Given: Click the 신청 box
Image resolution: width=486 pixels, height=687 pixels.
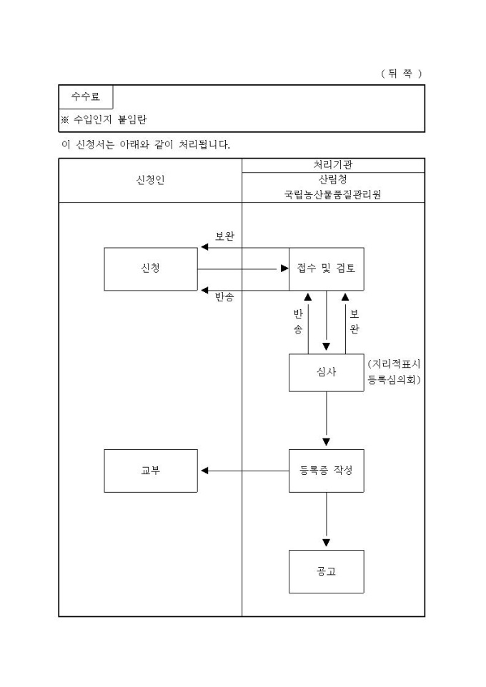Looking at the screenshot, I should coord(151,269).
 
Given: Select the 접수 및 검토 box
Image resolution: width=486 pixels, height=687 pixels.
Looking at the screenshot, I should coord(326,269).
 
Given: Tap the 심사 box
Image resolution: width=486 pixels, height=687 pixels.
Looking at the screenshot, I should coord(326,372).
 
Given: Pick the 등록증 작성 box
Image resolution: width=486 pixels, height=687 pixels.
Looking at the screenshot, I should coord(326,471).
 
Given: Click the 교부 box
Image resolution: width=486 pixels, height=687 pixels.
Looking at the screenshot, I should coord(151,471).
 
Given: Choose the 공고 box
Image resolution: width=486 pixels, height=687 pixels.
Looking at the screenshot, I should coord(326,571).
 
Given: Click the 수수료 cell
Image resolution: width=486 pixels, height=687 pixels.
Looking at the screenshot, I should coord(86,96).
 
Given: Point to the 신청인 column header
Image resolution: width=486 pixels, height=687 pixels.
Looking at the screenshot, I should coord(150,180).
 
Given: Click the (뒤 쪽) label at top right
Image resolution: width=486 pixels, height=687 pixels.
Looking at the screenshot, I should coord(402,74).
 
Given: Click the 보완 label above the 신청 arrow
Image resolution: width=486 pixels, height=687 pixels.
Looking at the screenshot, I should coord(225,236).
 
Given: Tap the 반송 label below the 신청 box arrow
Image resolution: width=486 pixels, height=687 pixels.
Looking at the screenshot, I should coord(225,297).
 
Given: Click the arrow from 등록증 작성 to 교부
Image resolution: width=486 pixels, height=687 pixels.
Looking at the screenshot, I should coord(243,471).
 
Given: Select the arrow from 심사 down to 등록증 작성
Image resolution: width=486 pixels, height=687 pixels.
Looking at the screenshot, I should coord(327,420).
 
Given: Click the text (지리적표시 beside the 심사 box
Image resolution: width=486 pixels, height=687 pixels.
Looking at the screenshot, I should coord(395,364).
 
